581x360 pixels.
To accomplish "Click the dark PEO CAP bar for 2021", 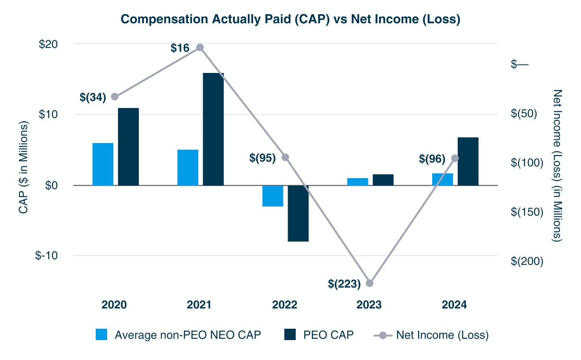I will (x=213, y=129).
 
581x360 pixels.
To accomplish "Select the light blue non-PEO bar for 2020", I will (x=103, y=164).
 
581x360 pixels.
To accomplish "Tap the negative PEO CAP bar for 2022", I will (x=298, y=213).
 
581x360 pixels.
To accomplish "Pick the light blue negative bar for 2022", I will (x=273, y=196).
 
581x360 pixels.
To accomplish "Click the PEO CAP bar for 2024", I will (x=468, y=161).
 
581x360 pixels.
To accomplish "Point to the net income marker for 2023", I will (x=370, y=283).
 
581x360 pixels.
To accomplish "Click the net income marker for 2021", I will (x=200, y=47).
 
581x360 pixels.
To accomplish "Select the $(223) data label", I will (x=345, y=284).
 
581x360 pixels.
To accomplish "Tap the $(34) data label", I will (x=93, y=97).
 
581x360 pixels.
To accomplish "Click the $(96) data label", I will (x=432, y=159).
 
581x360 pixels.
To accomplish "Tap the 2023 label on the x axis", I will (x=370, y=305).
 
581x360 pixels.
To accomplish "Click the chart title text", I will (x=290, y=19).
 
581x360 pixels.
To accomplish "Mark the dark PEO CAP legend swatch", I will (x=290, y=335).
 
